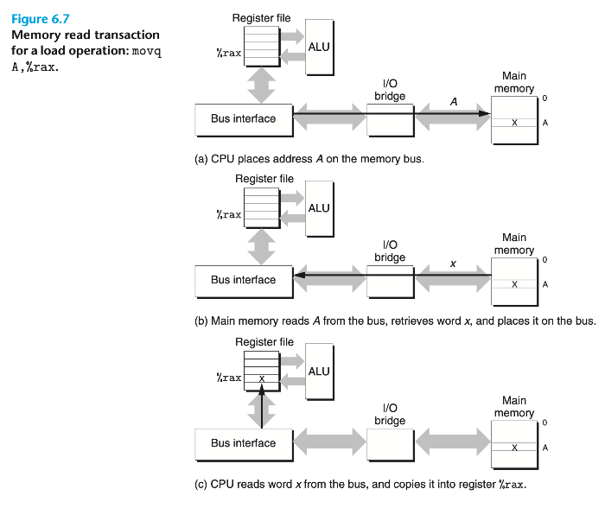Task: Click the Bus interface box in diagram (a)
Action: click(243, 119)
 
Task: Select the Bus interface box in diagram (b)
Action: click(243, 280)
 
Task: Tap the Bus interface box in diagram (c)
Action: click(243, 443)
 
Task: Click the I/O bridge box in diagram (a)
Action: click(390, 119)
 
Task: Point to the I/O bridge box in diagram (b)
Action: click(390, 280)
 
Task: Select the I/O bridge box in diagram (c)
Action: click(390, 443)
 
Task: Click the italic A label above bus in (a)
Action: click(453, 102)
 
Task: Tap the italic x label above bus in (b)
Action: click(453, 264)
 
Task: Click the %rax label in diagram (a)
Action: click(228, 54)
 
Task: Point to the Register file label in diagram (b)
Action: click(264, 179)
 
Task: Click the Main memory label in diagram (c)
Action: click(514, 407)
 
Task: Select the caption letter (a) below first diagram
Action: click(204, 159)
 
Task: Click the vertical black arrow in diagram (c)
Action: click(261, 406)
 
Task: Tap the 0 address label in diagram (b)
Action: click(545, 259)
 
